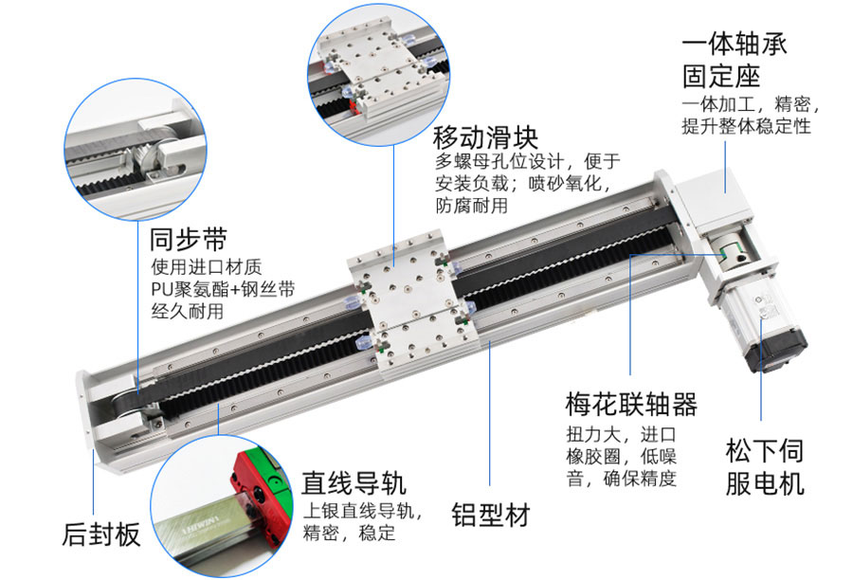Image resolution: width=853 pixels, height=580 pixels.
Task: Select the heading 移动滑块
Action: (x=484, y=134)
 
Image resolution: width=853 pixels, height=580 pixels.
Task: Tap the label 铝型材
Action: (x=489, y=515)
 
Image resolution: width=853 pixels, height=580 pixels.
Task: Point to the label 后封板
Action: (x=100, y=535)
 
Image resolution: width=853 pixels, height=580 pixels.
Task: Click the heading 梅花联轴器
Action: (x=629, y=406)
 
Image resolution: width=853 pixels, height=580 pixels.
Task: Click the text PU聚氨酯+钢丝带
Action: (x=216, y=287)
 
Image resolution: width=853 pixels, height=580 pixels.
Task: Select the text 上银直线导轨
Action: (x=360, y=511)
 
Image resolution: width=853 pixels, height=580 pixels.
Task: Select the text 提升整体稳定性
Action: (x=746, y=126)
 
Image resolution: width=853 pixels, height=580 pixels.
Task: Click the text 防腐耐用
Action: (x=471, y=205)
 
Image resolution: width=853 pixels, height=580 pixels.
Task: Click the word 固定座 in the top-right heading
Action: (x=721, y=76)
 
